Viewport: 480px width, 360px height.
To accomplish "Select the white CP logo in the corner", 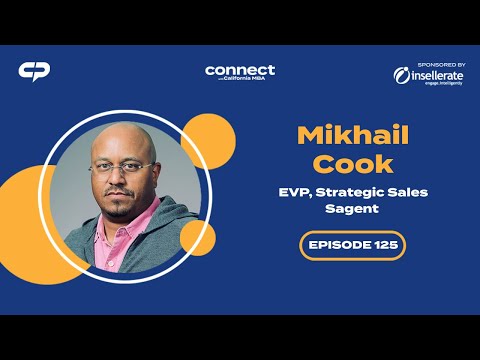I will [x=34, y=72].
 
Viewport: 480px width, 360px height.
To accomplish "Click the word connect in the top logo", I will [x=239, y=69].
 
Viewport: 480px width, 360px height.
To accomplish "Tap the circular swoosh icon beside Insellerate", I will [x=401, y=76].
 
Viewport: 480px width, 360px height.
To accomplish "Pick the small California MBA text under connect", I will [x=249, y=79].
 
